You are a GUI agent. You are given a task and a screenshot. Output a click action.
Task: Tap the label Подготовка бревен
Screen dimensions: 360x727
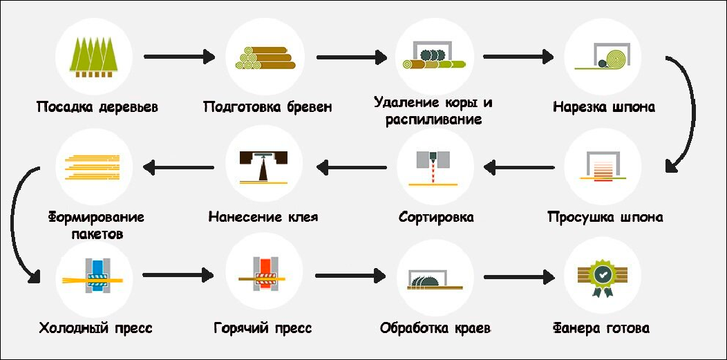point(267,107)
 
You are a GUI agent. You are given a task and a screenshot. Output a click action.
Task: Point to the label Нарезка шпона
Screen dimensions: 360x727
point(604,107)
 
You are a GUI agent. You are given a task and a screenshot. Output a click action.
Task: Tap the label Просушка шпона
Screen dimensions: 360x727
point(605,217)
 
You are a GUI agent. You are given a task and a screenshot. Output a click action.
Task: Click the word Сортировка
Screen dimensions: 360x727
point(436,217)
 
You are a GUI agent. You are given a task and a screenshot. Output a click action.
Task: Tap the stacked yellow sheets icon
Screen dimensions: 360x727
point(94,167)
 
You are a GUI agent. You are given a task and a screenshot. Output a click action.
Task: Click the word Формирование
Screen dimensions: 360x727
point(95,217)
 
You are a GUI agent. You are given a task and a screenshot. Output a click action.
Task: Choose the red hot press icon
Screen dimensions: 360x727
point(265,276)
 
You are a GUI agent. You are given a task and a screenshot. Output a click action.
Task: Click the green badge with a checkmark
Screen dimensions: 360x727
point(603,276)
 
